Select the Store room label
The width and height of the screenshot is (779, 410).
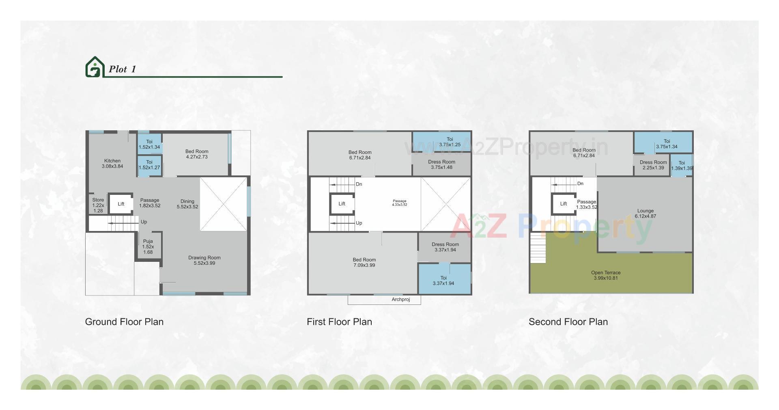click(x=98, y=205)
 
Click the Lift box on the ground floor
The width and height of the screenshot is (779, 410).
click(x=121, y=204)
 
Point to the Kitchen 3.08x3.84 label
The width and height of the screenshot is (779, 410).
click(x=112, y=163)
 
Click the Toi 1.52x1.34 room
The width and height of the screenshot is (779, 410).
click(x=149, y=144)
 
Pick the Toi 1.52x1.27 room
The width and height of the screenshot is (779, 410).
click(x=149, y=165)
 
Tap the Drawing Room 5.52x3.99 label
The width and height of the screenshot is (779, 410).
click(x=204, y=260)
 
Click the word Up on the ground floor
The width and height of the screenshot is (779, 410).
click(x=144, y=222)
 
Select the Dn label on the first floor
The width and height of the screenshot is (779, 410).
click(x=359, y=184)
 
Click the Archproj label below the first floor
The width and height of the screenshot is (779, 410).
click(x=400, y=300)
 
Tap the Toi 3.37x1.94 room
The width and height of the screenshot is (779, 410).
click(x=443, y=281)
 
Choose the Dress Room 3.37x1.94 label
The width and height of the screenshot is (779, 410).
click(x=445, y=247)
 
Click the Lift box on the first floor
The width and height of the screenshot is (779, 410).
click(x=342, y=204)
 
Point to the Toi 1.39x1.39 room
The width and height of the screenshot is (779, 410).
click(x=682, y=166)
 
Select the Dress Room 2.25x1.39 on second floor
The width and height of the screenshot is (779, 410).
click(x=653, y=165)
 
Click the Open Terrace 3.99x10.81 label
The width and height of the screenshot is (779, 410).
click(x=605, y=275)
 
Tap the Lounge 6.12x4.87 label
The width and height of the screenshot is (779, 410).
click(x=645, y=214)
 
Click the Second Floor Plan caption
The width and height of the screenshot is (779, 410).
click(x=568, y=322)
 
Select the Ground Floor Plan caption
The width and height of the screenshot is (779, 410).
click(x=124, y=322)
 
